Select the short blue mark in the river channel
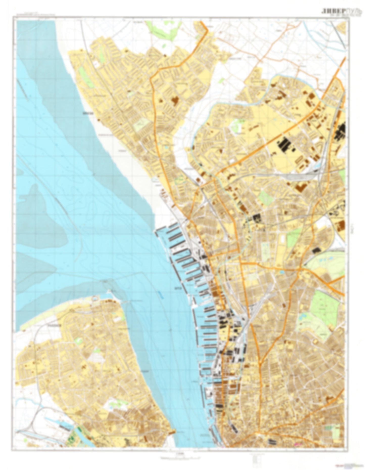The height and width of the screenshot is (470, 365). click(x=160, y=294)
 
